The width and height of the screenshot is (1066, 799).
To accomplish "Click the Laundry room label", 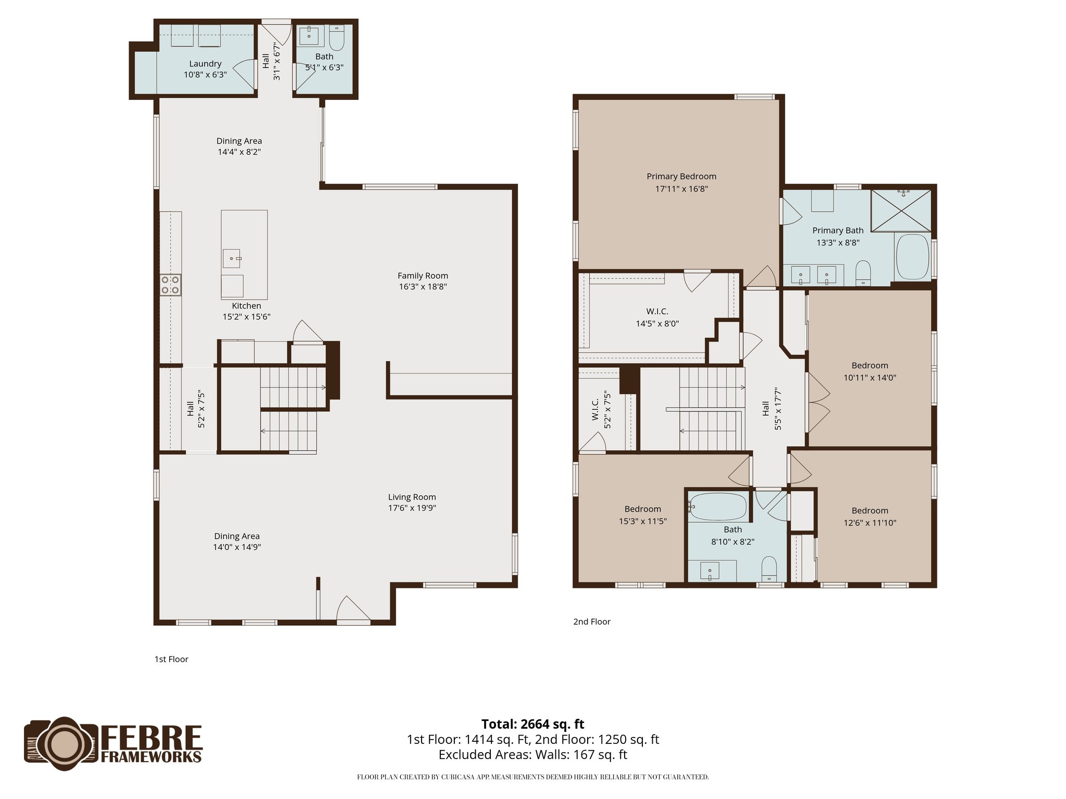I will [205, 64].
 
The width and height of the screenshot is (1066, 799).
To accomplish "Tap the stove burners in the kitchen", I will [171, 285].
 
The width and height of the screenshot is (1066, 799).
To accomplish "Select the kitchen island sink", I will [232, 258].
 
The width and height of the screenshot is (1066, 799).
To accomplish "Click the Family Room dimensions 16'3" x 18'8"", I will [423, 287].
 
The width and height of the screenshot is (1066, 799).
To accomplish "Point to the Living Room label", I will [412, 497].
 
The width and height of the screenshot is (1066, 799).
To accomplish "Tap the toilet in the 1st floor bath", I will [337, 37].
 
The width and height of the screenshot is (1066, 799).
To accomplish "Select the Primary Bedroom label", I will [681, 177].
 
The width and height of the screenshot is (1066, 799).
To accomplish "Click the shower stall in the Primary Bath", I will [901, 210].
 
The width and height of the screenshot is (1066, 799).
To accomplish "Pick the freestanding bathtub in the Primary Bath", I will [912, 257].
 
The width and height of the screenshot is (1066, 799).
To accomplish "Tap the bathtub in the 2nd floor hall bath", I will [718, 507].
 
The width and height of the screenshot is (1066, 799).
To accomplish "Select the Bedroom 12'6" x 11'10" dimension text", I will [870, 523].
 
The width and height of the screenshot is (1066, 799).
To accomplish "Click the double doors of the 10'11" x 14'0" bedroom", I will [817, 402].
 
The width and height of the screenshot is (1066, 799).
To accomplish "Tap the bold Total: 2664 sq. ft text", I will [532, 724].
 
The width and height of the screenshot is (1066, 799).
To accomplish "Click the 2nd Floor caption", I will [592, 622].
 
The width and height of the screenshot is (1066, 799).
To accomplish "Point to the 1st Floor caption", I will [171, 659].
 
